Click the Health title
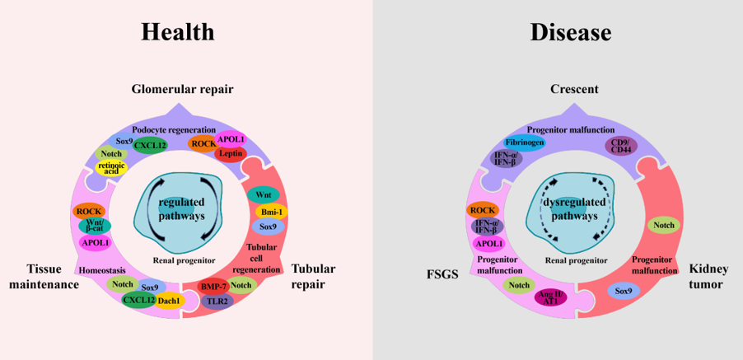(177, 32)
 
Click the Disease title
(570, 32)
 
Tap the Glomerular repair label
(182, 89)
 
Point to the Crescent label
(574, 89)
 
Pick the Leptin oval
(231, 153)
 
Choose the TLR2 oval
(217, 302)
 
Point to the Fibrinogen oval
(524, 143)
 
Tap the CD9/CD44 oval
(622, 147)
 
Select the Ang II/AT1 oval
(549, 297)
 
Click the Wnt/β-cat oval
(95, 225)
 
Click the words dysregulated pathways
(574, 209)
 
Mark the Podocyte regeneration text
(174, 130)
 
